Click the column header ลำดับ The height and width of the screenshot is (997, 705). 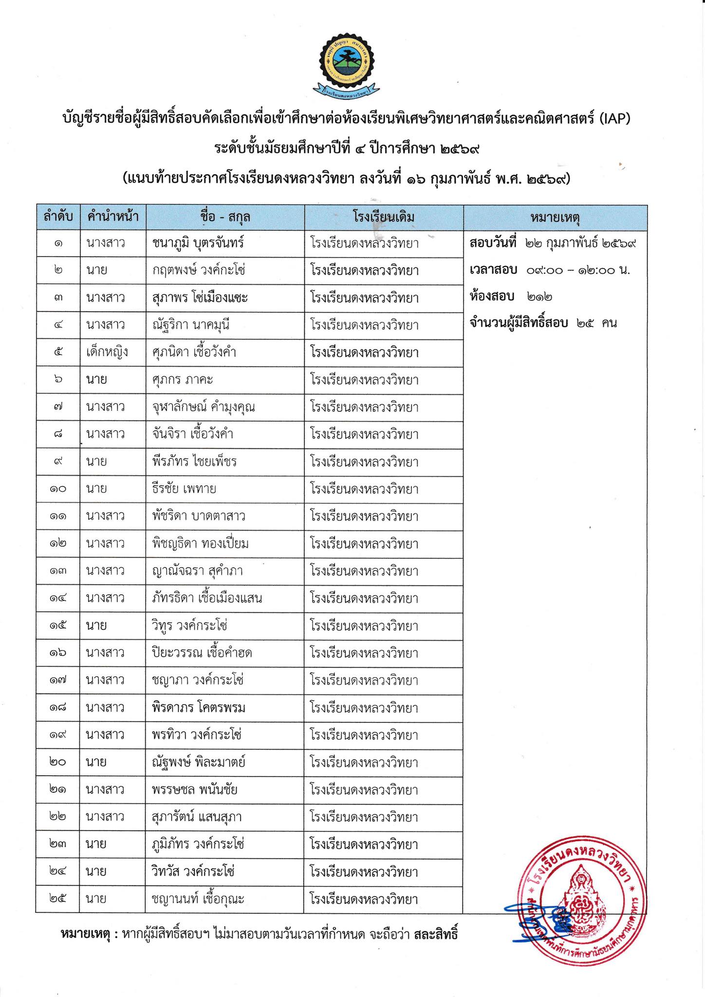pos(58,217)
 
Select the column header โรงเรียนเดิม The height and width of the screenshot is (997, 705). pos(384,217)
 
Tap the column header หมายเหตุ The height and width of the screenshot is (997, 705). pos(555,217)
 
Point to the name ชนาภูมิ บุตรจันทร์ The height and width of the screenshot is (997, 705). pos(198,243)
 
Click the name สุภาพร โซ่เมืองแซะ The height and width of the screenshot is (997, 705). pos(200,297)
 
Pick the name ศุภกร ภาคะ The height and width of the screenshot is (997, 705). pos(182,379)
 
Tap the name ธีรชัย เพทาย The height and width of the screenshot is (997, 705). pos(184,488)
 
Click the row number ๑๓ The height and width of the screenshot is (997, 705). pos(57,571)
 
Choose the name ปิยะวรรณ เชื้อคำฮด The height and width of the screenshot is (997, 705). pos(202,652)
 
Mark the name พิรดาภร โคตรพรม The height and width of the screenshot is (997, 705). pos(199,707)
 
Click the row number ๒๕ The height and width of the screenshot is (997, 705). pos(57,899)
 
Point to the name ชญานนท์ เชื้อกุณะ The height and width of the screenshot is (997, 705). pos(198,899)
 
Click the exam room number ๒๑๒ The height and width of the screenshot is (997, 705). pos(539,296)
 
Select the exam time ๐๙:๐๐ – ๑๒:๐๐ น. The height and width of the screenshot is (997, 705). pos(578,270)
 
